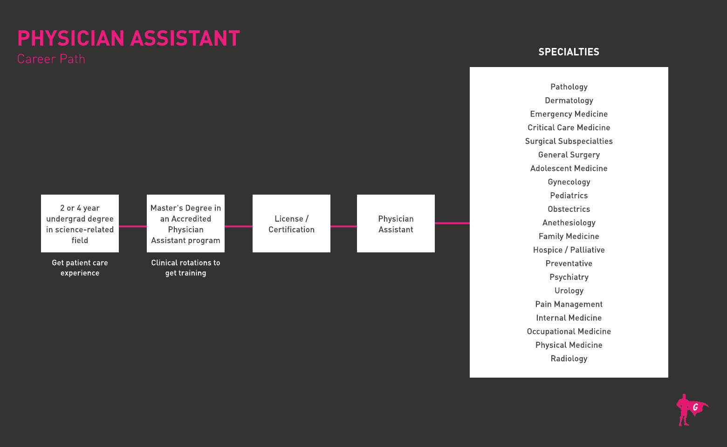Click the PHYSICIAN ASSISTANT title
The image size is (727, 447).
[129, 38]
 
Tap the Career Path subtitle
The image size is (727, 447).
[51, 59]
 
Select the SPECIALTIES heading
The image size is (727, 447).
[569, 52]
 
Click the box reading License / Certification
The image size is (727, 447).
[291, 223]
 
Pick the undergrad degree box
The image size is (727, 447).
[80, 223]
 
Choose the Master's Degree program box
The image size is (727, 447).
[185, 223]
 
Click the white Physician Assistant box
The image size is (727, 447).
[396, 223]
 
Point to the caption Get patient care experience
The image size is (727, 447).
[80, 268]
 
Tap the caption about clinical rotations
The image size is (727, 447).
[185, 268]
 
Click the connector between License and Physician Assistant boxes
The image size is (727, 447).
[343, 226]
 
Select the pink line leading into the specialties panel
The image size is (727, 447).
[452, 223]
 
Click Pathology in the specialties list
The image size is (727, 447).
[569, 87]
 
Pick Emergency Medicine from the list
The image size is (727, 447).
[569, 114]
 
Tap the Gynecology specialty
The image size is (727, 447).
[569, 182]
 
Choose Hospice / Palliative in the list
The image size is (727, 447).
[569, 250]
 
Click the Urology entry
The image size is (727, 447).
[569, 291]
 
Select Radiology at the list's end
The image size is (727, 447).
[569, 359]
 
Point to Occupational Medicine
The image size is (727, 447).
[569, 332]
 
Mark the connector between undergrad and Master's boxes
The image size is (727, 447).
[133, 226]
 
